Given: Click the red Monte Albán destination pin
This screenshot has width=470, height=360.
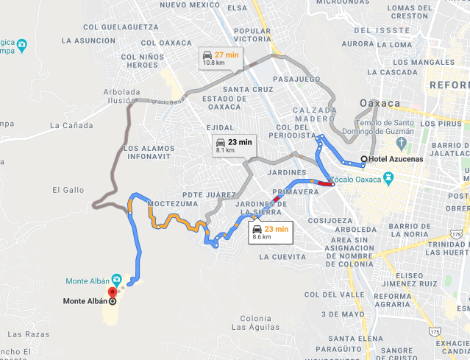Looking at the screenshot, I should pyautogui.click(x=112, y=293).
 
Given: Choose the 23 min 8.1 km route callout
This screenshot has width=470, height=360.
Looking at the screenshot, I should pyautogui.click(x=233, y=145).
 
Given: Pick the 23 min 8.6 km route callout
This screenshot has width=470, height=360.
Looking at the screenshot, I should pyautogui.click(x=270, y=233).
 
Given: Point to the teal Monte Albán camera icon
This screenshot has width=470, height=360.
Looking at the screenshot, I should pyautogui.click(x=116, y=280).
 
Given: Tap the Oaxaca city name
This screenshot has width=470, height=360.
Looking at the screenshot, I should pyautogui.click(x=380, y=103).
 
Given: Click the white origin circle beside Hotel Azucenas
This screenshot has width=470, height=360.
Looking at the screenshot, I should pyautogui.click(x=364, y=159).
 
